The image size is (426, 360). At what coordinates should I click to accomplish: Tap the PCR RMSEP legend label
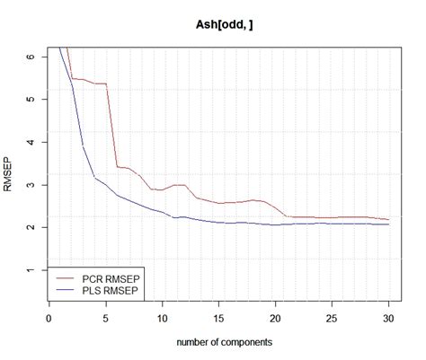pos(110,279)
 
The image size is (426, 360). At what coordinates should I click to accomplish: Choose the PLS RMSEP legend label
pos(110,292)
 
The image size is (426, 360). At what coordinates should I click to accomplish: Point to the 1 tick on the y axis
pos(33,270)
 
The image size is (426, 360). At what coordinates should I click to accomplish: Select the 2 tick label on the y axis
pos(33,227)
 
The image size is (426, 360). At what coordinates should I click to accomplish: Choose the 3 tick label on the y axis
pos(33,185)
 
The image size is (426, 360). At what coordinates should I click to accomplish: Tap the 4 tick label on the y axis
pos(33,142)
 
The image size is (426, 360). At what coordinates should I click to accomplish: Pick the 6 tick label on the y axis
pos(33,57)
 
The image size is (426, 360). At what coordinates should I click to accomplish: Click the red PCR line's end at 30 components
pos(388,219)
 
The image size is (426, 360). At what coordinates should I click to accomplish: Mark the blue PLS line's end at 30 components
pos(388,224)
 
